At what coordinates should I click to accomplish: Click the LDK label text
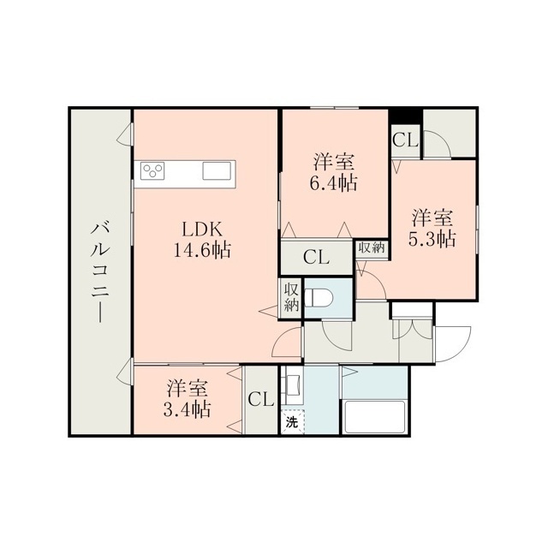[202, 230]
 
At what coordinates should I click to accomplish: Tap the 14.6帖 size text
[202, 250]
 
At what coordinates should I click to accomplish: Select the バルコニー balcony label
[100, 272]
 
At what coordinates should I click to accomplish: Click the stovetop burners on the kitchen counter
[152, 171]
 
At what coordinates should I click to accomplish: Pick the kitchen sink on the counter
[217, 171]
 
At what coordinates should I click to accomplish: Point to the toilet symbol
[319, 297]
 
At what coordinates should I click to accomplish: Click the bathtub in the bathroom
[374, 417]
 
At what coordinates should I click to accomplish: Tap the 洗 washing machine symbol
[292, 422]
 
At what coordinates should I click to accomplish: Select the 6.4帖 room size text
[333, 182]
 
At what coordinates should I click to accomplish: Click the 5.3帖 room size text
[432, 240]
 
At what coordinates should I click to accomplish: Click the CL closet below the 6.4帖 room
[316, 258]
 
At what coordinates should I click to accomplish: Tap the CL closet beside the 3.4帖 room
[260, 399]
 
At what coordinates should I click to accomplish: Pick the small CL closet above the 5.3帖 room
[405, 140]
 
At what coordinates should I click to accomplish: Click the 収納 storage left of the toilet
[291, 297]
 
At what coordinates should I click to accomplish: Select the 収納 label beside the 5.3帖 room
[372, 247]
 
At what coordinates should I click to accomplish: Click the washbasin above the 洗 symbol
[293, 386]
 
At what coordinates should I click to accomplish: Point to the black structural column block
[405, 116]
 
